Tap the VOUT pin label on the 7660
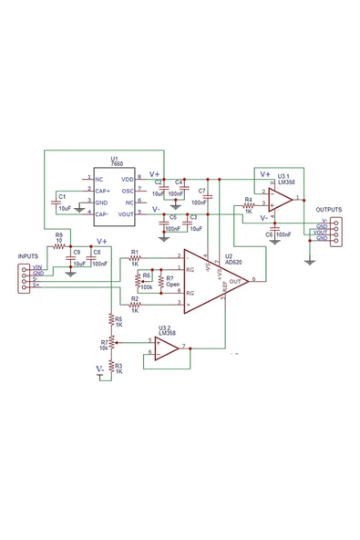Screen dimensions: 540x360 click(x=127, y=213)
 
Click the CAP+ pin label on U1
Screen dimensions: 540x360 click(x=103, y=191)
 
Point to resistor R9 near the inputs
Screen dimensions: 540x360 click(x=59, y=246)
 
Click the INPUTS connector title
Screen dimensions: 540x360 click(x=29, y=256)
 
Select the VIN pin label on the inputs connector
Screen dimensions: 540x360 click(x=37, y=266)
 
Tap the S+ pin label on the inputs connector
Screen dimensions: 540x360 click(x=36, y=286)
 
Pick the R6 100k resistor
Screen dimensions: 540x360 click(x=139, y=278)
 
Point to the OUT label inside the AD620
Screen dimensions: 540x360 click(x=235, y=281)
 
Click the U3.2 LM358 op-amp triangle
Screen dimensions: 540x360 click(x=168, y=348)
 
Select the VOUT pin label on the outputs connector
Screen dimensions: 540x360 click(x=321, y=232)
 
